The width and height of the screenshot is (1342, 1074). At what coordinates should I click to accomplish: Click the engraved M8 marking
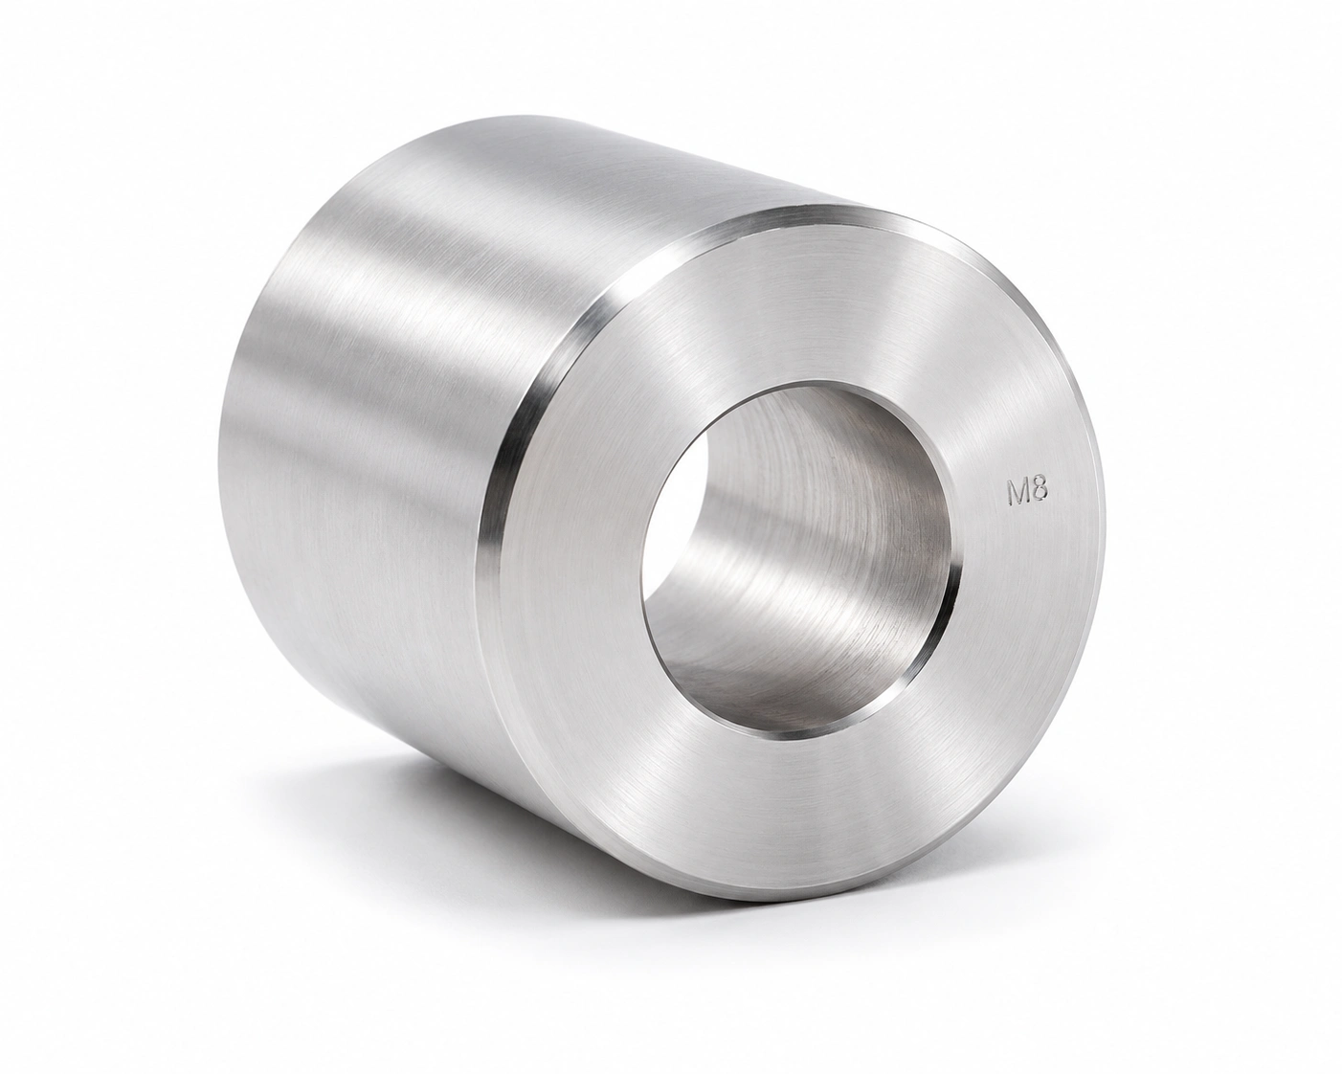click(1028, 493)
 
